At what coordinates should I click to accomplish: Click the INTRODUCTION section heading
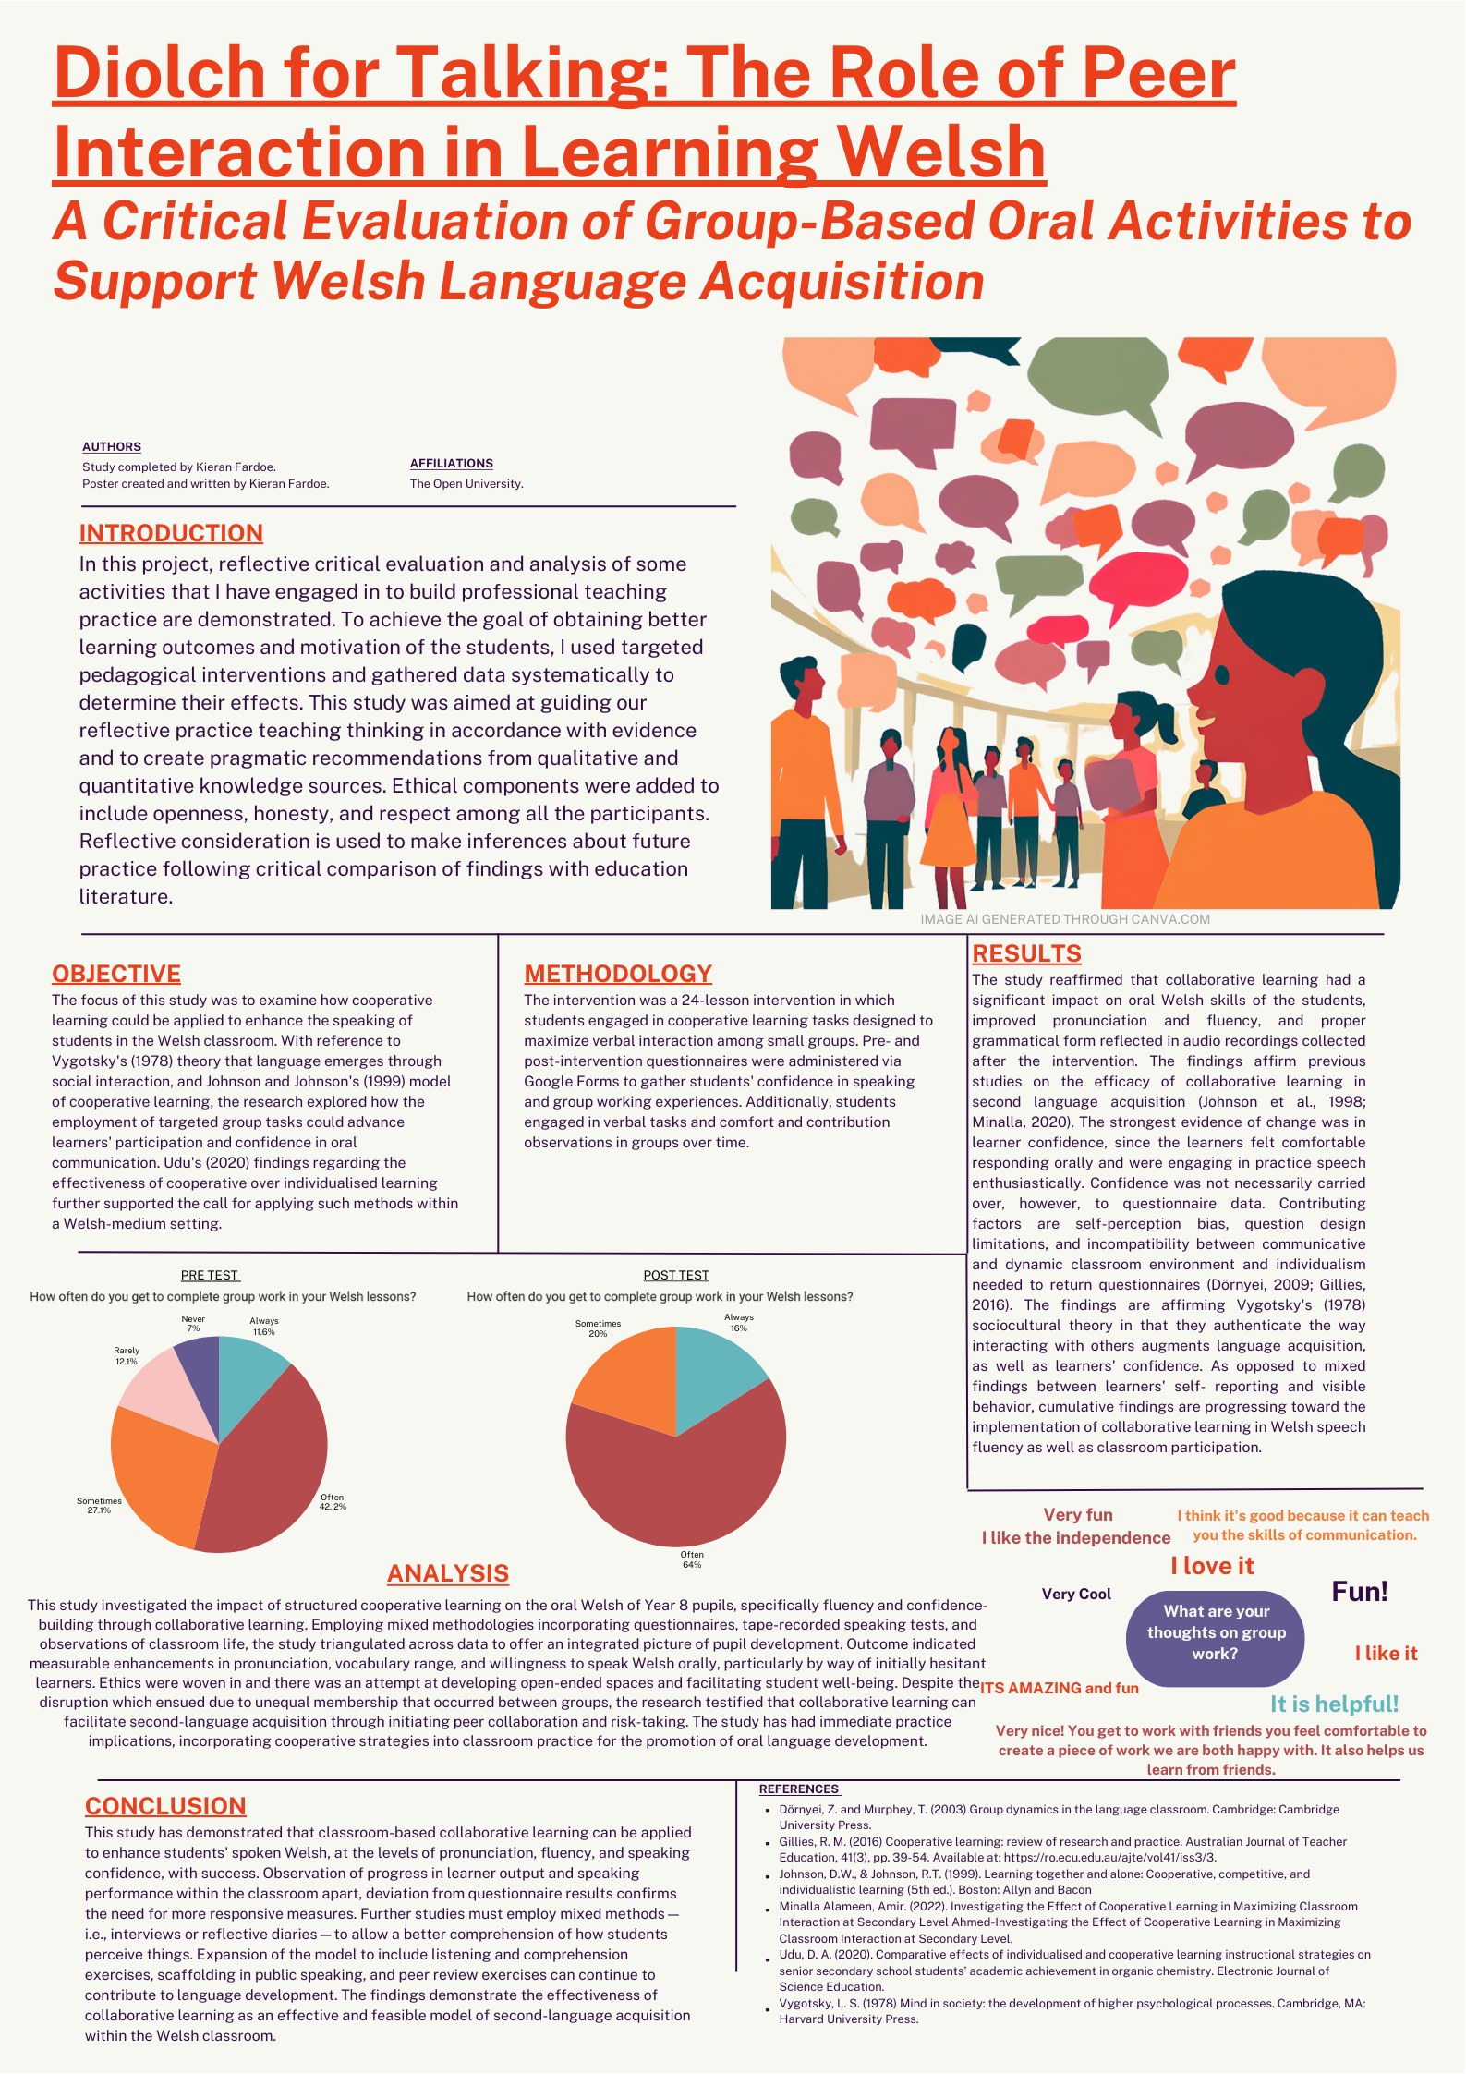click(x=171, y=533)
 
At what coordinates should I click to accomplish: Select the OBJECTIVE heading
click(x=116, y=974)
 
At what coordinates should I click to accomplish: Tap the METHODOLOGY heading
click(x=618, y=974)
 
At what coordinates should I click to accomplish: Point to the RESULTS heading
click(x=1026, y=953)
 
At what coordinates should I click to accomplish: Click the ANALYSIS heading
click(x=448, y=1573)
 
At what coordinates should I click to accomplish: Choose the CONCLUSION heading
click(x=165, y=1806)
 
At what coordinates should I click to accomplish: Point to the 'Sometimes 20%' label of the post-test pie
click(x=598, y=1328)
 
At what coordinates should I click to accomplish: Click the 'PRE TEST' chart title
click(x=210, y=1276)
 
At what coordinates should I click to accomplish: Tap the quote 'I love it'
click(x=1212, y=1566)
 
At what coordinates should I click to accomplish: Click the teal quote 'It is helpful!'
click(x=1334, y=1704)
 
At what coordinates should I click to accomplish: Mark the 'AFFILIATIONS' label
click(x=451, y=464)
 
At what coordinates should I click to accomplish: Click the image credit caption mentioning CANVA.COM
click(x=1064, y=919)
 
